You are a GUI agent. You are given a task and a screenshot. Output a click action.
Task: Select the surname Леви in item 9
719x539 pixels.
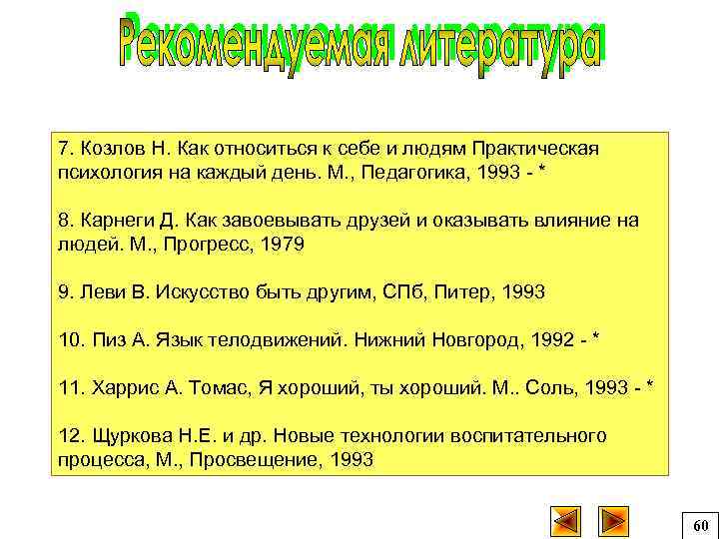(101, 291)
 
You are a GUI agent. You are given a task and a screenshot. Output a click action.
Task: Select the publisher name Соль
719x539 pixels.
(555, 387)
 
